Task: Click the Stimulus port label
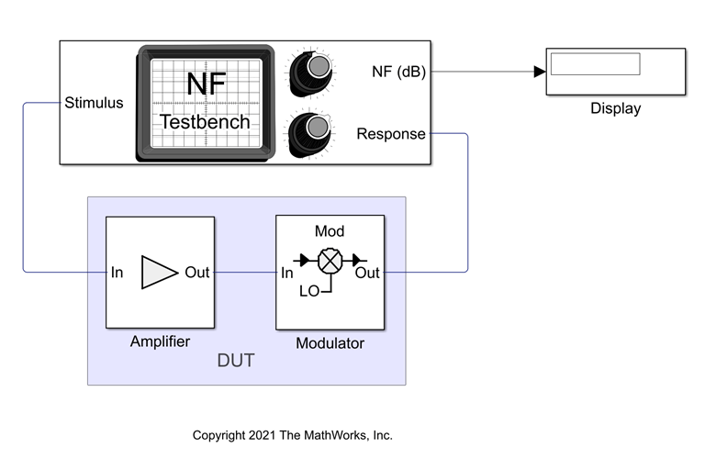tap(95, 103)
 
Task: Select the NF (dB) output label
tap(398, 72)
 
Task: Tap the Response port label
tap(391, 134)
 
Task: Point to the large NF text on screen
tap(206, 84)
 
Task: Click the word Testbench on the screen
tap(206, 122)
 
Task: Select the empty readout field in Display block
tap(595, 64)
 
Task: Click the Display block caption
tap(615, 108)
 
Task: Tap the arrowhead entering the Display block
tap(540, 72)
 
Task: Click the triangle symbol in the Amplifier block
tap(159, 273)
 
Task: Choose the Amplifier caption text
tap(160, 341)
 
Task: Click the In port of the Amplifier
tap(117, 273)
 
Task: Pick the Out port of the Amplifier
tap(197, 273)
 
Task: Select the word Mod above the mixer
tap(330, 231)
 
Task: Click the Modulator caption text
tap(330, 343)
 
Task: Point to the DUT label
tap(235, 362)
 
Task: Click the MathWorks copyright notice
tap(293, 435)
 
